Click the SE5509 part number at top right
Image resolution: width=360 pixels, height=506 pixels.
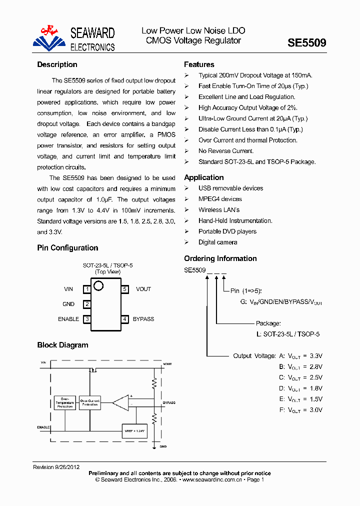click(306, 43)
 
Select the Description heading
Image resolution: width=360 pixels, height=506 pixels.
click(57, 64)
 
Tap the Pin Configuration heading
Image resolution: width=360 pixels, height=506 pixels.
click(67, 248)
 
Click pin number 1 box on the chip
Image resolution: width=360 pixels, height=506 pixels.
click(87, 289)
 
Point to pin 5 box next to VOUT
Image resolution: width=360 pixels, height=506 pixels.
click(125, 289)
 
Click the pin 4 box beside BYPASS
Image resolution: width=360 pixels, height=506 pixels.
click(125, 319)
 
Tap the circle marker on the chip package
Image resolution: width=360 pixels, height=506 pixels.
click(98, 286)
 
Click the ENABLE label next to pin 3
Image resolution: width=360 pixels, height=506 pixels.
click(68, 319)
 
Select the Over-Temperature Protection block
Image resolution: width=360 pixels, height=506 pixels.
click(64, 403)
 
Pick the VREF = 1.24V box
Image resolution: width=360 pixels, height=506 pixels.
click(134, 430)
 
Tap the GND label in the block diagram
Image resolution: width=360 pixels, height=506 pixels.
click(163, 446)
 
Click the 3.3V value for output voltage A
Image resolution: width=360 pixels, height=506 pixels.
click(316, 356)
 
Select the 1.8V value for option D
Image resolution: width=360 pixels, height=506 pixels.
click(316, 388)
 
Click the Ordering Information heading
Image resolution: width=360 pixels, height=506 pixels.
click(220, 258)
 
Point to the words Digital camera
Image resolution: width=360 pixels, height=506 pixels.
click(217, 242)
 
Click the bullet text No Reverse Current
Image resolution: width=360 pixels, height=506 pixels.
click(226, 151)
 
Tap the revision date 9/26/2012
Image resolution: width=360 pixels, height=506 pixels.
click(67, 467)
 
